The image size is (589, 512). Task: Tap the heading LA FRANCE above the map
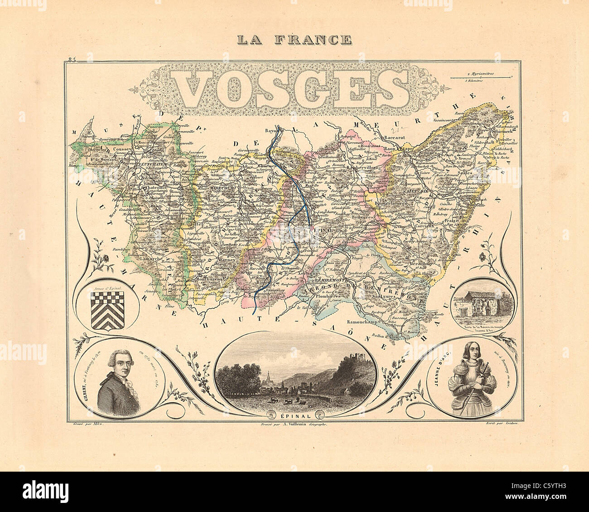(294, 39)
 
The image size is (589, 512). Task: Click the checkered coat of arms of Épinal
(107, 310)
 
